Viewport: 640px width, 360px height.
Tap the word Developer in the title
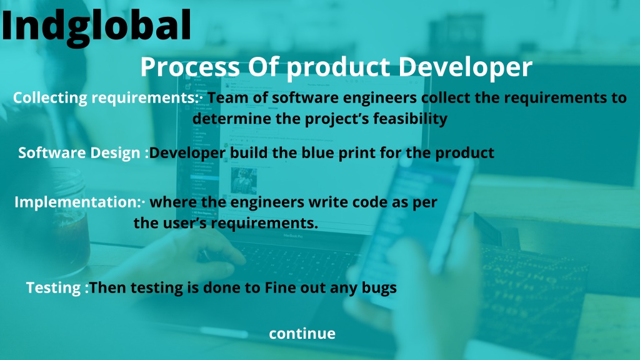tap(465, 67)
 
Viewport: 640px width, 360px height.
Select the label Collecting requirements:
tap(106, 98)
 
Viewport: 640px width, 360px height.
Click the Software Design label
tap(79, 152)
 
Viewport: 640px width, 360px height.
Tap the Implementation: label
tap(77, 202)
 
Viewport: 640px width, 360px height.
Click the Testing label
tap(54, 287)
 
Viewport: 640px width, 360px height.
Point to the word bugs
tap(379, 287)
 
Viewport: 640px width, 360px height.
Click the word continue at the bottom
tap(302, 334)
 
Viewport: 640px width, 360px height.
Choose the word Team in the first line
tap(227, 98)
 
